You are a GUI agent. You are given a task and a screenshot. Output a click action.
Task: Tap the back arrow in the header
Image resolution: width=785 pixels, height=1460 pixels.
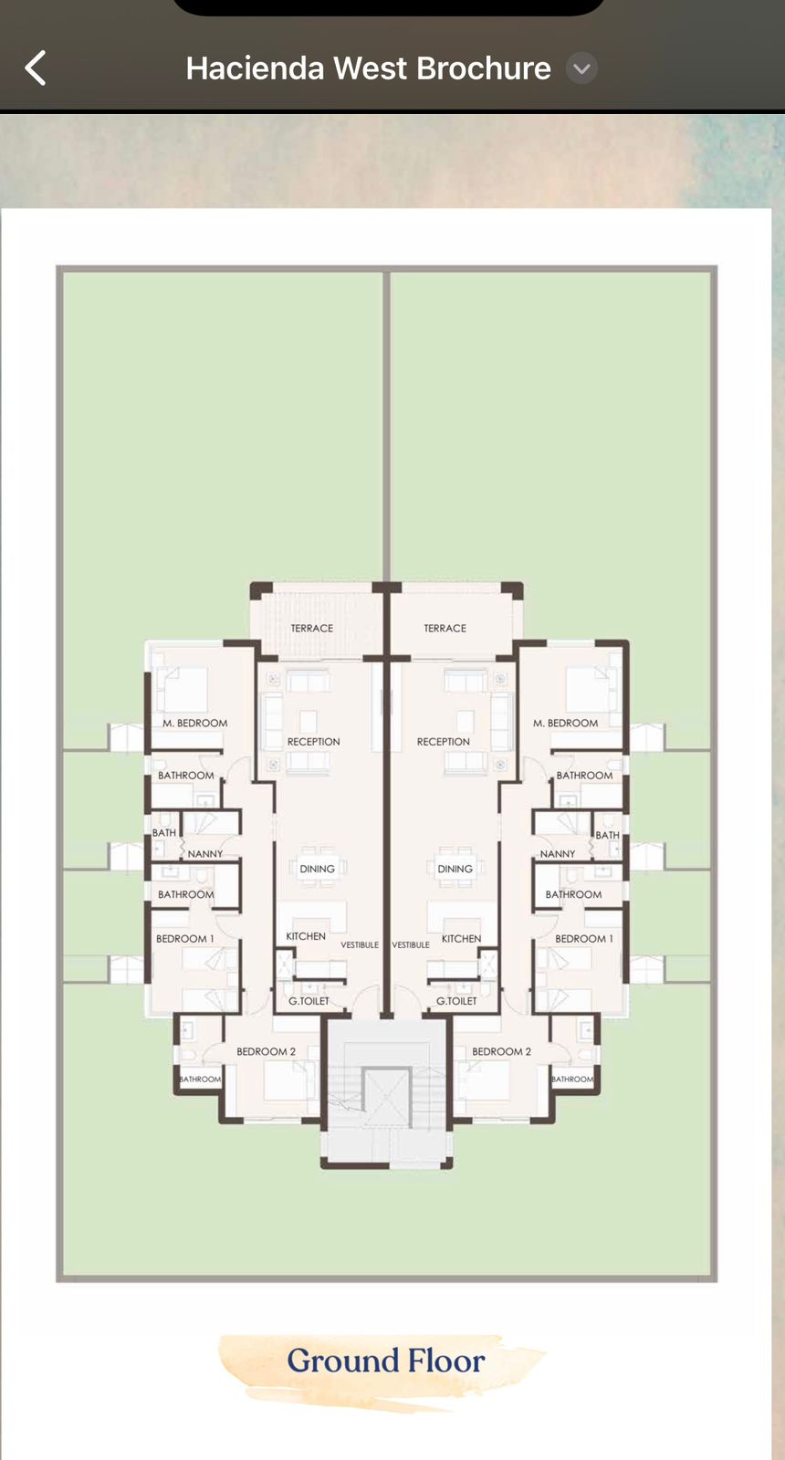coord(36,68)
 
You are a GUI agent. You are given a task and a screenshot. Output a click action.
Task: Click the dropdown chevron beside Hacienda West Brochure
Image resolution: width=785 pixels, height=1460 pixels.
coord(581,68)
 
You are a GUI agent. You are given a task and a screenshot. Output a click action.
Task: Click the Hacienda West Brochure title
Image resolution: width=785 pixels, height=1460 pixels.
coord(369,68)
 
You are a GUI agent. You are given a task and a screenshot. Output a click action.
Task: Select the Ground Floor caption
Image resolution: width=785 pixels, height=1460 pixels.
coord(386,1361)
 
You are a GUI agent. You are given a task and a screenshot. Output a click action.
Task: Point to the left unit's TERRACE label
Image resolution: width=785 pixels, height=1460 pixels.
coord(311,629)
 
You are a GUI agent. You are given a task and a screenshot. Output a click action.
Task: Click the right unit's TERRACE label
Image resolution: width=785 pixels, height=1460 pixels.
coord(445,629)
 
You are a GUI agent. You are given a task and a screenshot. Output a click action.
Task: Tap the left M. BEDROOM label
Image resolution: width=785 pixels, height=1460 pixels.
coord(195,723)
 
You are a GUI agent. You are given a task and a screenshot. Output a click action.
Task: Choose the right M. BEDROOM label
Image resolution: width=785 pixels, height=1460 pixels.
coord(565,723)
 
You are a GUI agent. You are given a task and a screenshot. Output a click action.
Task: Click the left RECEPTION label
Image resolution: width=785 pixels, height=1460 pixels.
coord(314,742)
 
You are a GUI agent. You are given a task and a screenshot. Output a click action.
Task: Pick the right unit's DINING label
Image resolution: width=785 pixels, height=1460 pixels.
coord(455,869)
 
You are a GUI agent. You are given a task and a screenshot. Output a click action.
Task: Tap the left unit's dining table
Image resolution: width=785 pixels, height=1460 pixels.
coord(318,868)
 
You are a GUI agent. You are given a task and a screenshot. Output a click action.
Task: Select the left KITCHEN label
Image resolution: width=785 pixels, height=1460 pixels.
coord(306,936)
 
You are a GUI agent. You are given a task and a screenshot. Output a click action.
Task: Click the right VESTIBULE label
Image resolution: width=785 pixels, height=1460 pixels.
coord(411,944)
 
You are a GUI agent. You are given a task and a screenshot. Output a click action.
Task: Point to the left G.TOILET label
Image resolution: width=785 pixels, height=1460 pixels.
coord(309,1000)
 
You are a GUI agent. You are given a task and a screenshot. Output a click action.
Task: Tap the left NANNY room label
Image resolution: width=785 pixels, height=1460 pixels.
coord(205,854)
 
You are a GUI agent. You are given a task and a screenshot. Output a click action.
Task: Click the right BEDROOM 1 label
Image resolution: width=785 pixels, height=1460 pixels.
coord(584,939)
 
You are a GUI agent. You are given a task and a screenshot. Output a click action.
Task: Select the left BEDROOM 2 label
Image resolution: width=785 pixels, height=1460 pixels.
coord(266,1051)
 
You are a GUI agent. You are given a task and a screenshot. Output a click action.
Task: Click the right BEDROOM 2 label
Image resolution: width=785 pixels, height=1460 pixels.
coord(501,1051)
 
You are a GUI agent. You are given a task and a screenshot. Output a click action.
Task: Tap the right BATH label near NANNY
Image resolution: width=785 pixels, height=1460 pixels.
coord(607,835)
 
